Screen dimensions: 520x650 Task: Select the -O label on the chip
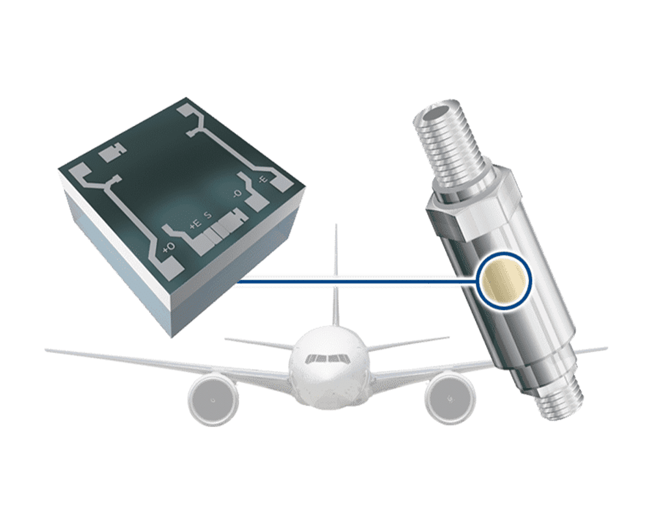click(x=237, y=194)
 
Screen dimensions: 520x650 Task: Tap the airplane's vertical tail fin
click(x=335, y=273)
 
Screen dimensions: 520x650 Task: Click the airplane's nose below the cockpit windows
click(x=326, y=383)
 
